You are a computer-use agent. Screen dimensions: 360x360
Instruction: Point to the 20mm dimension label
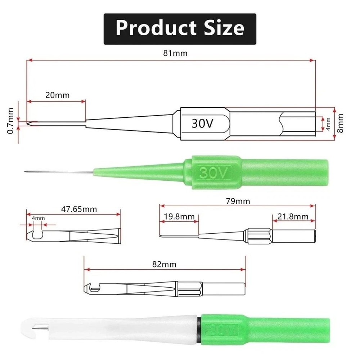click(x=57, y=95)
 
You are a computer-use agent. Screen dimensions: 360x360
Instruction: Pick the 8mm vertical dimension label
click(x=340, y=123)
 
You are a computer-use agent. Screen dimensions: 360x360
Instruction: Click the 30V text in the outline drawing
click(x=203, y=123)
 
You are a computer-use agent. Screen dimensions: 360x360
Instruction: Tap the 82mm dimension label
click(x=165, y=265)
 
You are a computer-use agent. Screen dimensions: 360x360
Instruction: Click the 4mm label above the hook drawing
click(x=38, y=218)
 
